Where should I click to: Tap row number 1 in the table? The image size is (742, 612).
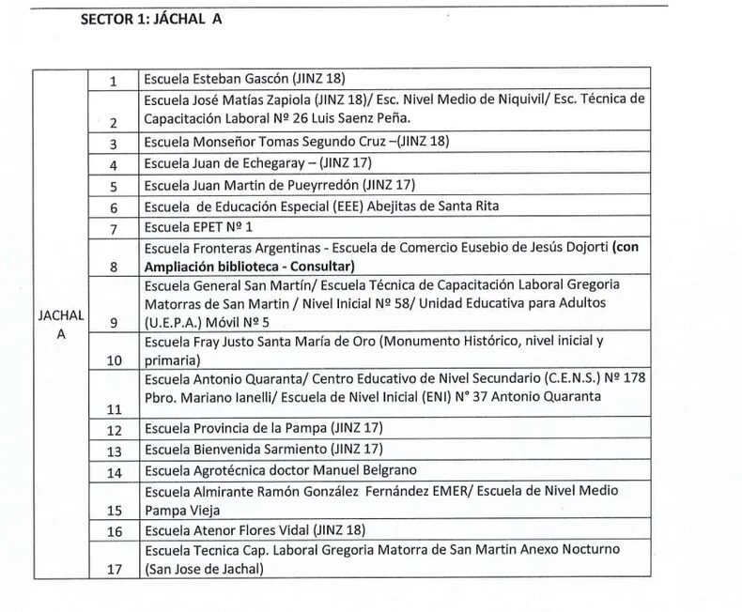(113, 81)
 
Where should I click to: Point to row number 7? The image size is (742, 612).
(113, 229)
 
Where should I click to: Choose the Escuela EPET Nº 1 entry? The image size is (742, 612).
(198, 227)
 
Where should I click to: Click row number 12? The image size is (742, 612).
(115, 431)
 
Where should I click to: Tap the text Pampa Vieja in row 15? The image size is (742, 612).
(180, 510)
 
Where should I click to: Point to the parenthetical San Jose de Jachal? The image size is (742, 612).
(204, 569)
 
